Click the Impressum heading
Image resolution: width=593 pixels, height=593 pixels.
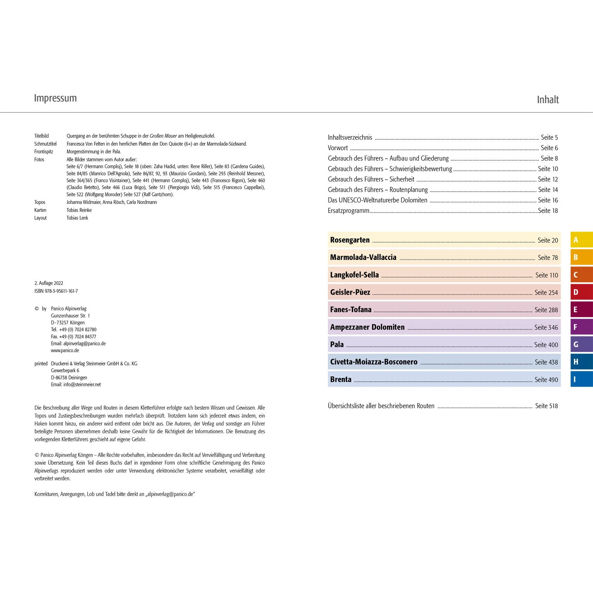(x=55, y=98)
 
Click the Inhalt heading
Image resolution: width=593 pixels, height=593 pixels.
(x=547, y=100)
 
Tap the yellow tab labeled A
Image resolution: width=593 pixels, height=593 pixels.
(x=581, y=240)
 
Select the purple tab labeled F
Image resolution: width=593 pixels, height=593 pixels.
(x=581, y=327)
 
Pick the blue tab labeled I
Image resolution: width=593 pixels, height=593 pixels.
(x=581, y=379)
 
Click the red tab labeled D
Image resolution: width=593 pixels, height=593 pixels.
(x=581, y=292)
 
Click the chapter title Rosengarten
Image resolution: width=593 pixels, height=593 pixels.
(x=350, y=240)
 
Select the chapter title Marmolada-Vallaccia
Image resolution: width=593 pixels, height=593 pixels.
(x=363, y=257)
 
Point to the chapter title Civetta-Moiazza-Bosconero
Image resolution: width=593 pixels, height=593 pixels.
(x=374, y=362)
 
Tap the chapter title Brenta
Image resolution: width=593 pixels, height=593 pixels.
(x=341, y=380)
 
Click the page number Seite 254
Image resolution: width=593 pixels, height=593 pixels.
(x=546, y=292)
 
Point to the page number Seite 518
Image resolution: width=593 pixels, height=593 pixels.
(x=546, y=406)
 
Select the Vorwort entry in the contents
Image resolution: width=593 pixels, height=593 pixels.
(x=338, y=148)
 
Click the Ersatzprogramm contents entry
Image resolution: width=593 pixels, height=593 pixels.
(x=348, y=211)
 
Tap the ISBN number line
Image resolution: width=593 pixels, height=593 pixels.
(x=56, y=291)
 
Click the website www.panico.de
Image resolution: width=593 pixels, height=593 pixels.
(x=65, y=351)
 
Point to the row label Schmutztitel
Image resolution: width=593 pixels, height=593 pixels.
(x=46, y=144)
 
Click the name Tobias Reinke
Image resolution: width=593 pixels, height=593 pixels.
(x=79, y=210)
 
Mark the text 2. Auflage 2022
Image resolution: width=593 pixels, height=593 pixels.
(x=49, y=283)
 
